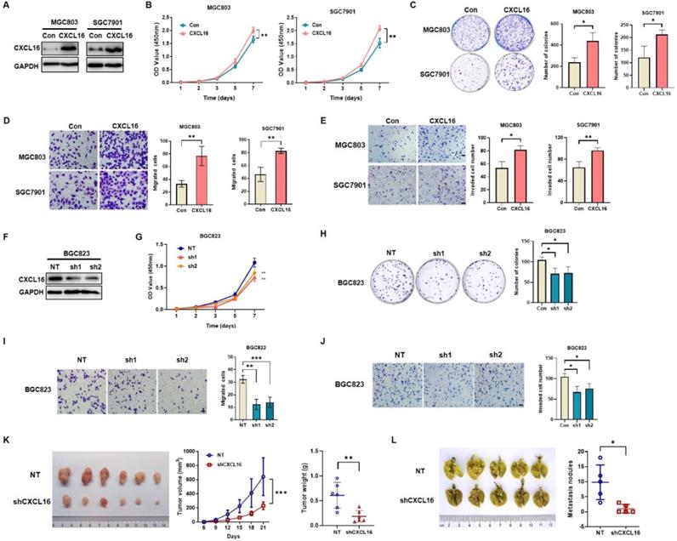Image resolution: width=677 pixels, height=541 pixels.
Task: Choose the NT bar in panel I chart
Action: [x=242, y=392]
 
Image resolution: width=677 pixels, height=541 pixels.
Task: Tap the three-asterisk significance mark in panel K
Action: [x=282, y=490]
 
